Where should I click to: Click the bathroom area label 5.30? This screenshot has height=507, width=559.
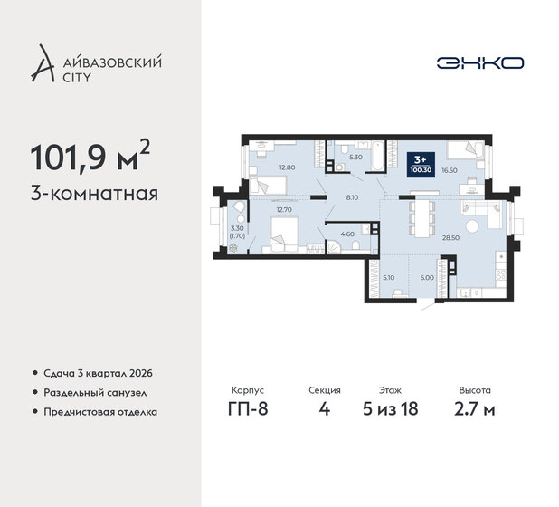355,158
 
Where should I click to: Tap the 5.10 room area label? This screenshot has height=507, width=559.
388,279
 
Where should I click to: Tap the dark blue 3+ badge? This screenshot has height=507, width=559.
419,164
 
